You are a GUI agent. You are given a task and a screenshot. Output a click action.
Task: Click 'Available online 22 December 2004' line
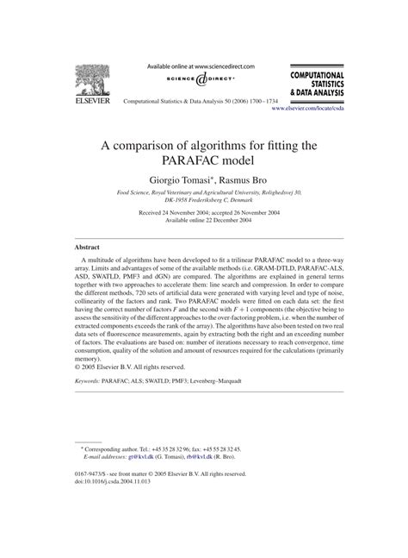pyautogui.click(x=204, y=219)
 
